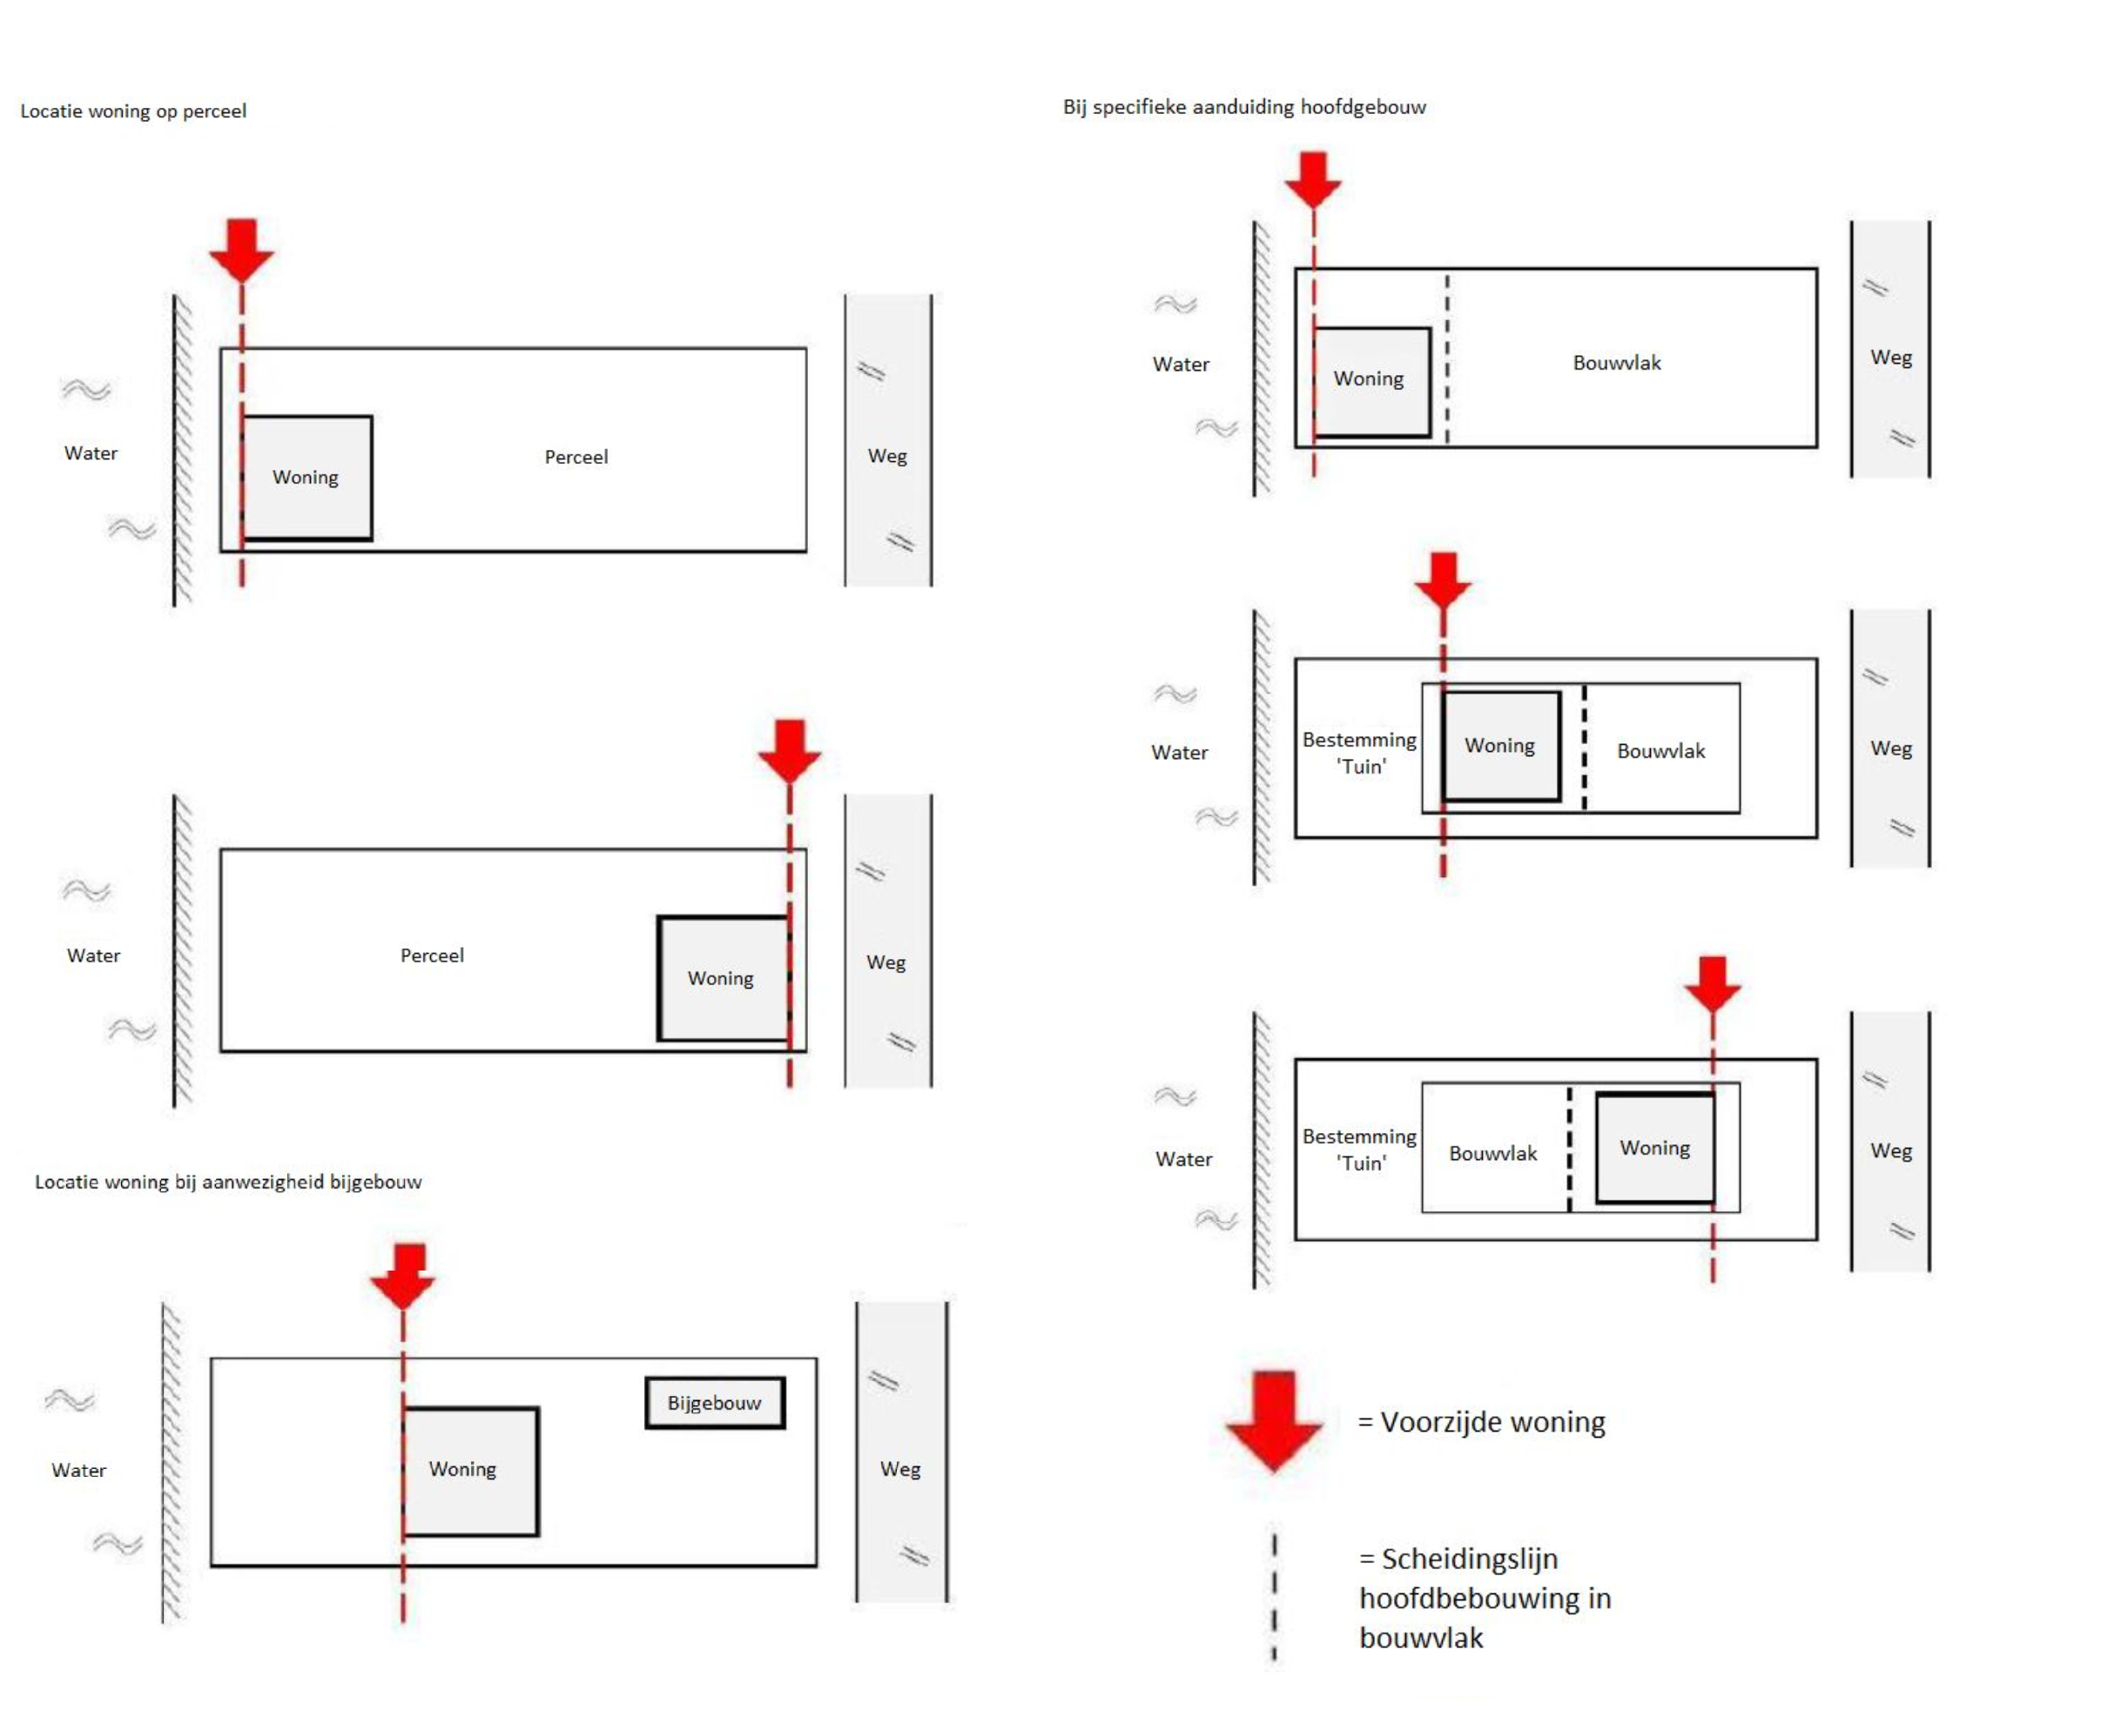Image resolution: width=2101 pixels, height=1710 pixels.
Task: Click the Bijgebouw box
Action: click(x=715, y=1402)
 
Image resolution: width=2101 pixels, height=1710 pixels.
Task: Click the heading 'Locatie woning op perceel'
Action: click(x=133, y=111)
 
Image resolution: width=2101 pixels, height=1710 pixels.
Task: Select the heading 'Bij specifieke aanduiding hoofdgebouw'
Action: click(x=1243, y=107)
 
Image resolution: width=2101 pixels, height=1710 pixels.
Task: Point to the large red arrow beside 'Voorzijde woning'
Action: click(x=1274, y=1420)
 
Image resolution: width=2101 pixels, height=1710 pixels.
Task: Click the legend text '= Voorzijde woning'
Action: click(x=1481, y=1422)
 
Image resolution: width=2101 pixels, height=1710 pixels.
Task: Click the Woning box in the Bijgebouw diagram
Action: click(x=470, y=1471)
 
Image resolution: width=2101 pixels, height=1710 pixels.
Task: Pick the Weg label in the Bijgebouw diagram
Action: click(x=899, y=1469)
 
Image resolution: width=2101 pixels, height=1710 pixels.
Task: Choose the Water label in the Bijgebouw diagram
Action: click(x=79, y=1470)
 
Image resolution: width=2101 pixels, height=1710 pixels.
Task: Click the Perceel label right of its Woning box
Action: click(x=576, y=457)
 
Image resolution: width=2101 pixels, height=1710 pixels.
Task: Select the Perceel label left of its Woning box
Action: click(x=432, y=956)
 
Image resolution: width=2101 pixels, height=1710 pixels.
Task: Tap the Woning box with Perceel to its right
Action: click(x=306, y=478)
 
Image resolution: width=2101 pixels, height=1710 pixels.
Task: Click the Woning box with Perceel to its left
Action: click(x=724, y=978)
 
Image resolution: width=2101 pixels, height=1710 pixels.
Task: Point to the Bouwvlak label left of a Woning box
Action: click(x=1492, y=1153)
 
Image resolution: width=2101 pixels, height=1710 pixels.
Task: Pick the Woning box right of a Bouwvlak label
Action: click(x=1654, y=1149)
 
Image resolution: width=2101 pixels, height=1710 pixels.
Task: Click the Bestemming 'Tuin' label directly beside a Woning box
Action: click(x=1359, y=753)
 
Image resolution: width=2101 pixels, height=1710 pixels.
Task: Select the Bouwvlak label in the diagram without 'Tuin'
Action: click(x=1616, y=363)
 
